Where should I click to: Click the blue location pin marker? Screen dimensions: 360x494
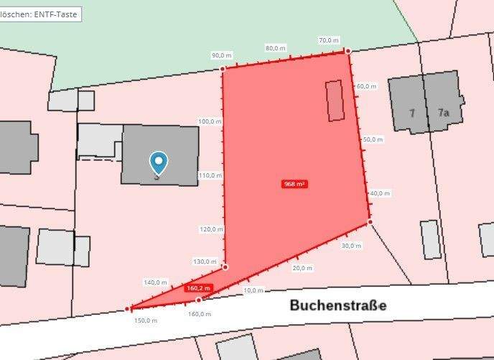tap(159, 163)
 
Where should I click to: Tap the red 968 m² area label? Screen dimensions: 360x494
tap(295, 184)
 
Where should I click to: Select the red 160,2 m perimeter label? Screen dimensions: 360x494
tap(198, 288)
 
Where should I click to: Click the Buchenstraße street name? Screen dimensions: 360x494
tap(338, 305)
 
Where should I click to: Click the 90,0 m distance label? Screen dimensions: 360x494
tap(222, 55)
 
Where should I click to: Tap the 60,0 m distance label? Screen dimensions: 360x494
tap(366, 86)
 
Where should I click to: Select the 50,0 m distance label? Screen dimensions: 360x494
tap(373, 139)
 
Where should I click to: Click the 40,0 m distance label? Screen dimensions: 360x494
tap(380, 193)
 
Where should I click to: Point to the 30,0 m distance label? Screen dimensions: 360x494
tap(351, 246)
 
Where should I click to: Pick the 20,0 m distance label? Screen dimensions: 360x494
tap(302, 268)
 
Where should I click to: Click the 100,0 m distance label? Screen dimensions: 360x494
tap(210, 121)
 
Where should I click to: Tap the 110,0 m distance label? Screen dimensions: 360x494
tap(210, 175)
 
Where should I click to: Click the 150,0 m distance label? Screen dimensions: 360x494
tap(146, 320)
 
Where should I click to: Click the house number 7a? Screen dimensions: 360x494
tap(443, 113)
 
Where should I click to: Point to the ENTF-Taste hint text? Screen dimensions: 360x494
tap(39, 14)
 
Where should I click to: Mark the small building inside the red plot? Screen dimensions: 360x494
tap(335, 101)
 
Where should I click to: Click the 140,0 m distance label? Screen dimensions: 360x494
tap(156, 282)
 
